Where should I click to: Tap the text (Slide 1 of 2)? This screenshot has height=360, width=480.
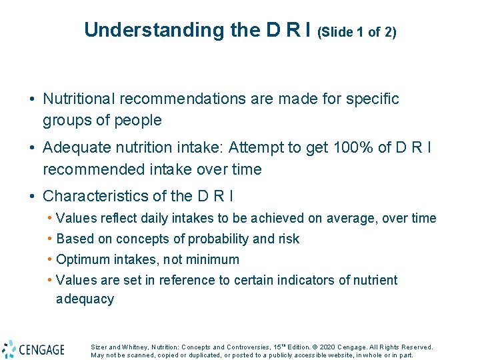(357, 32)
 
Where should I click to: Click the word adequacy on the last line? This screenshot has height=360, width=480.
(85, 299)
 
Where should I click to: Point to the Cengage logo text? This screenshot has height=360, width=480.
(42, 349)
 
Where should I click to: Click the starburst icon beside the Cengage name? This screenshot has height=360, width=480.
(9, 349)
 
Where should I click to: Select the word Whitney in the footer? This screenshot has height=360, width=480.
(133, 347)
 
